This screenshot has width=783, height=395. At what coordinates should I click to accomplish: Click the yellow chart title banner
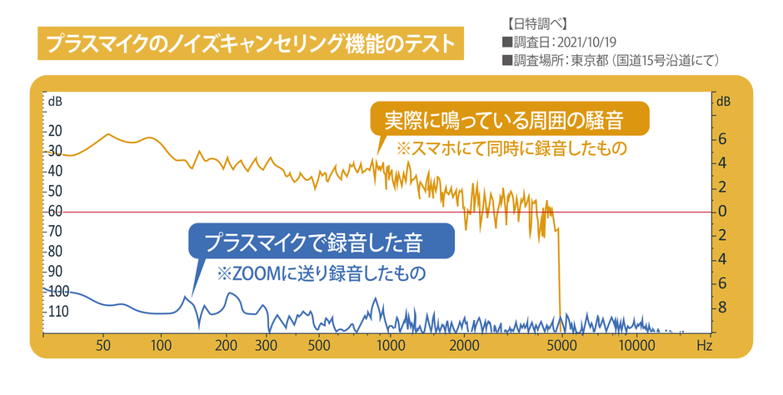249,42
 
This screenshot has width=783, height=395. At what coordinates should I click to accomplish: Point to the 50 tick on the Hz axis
104,344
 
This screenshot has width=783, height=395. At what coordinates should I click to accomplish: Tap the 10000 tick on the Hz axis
636,344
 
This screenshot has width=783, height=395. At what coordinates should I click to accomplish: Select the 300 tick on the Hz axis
266,344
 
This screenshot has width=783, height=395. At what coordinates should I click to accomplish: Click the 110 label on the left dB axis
57,312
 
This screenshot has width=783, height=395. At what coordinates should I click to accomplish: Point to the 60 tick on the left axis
55,211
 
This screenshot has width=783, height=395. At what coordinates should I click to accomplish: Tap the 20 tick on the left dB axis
55,131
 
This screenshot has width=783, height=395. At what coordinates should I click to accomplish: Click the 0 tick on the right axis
723,211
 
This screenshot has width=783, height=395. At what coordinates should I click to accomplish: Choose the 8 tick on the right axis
723,307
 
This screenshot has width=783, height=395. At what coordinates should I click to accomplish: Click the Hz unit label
705,344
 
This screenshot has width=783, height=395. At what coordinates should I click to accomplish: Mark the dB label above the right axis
722,102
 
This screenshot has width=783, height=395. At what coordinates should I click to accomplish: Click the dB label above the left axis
54,102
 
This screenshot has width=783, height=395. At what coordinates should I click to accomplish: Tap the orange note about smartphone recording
511,150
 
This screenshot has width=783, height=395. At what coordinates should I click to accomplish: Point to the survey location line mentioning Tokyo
611,60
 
